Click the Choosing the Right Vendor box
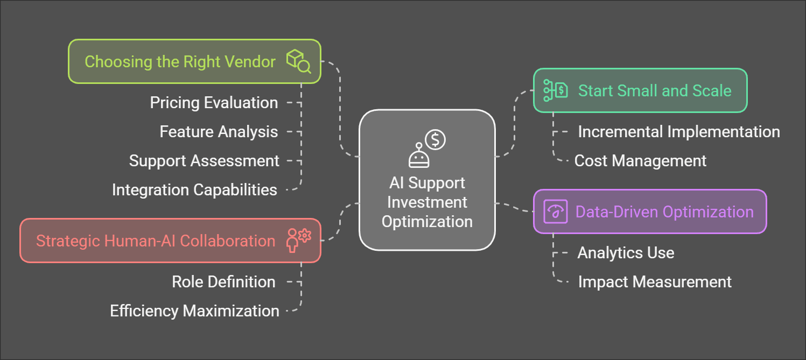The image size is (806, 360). tap(194, 61)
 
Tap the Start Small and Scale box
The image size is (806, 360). tap(640, 90)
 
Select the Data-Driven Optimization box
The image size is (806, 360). tap(649, 211)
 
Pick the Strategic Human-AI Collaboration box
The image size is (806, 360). tap(170, 241)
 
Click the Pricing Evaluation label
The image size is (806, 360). tap(214, 103)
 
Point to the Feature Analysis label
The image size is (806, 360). tap(219, 132)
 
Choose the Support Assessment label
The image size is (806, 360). tap(204, 161)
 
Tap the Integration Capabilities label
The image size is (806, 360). tap(194, 190)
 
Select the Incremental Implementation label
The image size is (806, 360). tap(678, 132)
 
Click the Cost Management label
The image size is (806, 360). tap(640, 161)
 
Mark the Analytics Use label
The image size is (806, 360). tap(626, 253)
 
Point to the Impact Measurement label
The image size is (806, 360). tap(655, 282)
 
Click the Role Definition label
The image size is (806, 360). tap(223, 282)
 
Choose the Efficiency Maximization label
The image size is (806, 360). tap(194, 311)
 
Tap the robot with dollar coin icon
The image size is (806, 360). tap(427, 149)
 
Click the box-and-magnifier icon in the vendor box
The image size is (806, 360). tap(298, 61)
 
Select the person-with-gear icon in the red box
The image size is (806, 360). tap(298, 241)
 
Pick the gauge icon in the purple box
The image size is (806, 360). tap(555, 211)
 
